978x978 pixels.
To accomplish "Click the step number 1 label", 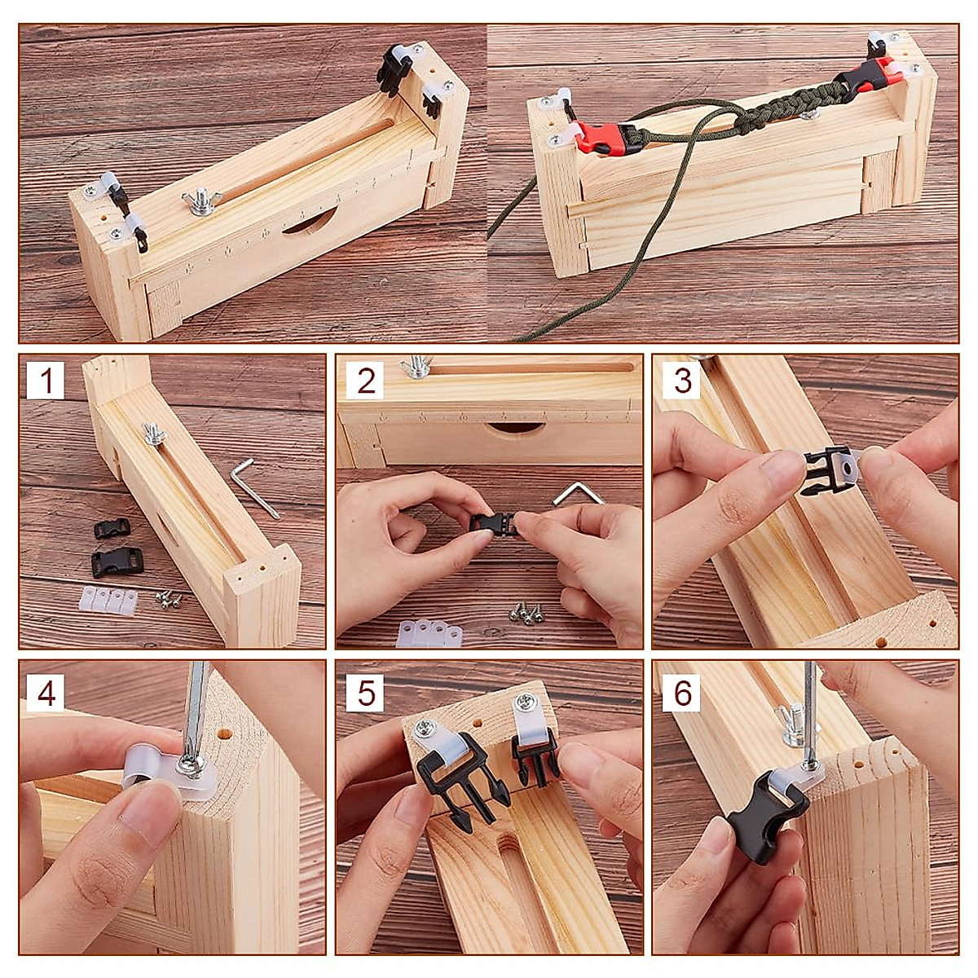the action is (x=46, y=381).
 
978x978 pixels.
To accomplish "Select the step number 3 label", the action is (x=682, y=381).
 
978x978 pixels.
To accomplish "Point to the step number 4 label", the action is (x=46, y=694).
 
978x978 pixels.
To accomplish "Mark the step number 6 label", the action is (x=682, y=694).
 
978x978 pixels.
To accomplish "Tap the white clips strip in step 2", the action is (x=430, y=632).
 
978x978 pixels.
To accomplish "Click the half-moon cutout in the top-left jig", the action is (x=309, y=222).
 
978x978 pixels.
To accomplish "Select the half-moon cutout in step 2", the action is (x=514, y=430).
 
